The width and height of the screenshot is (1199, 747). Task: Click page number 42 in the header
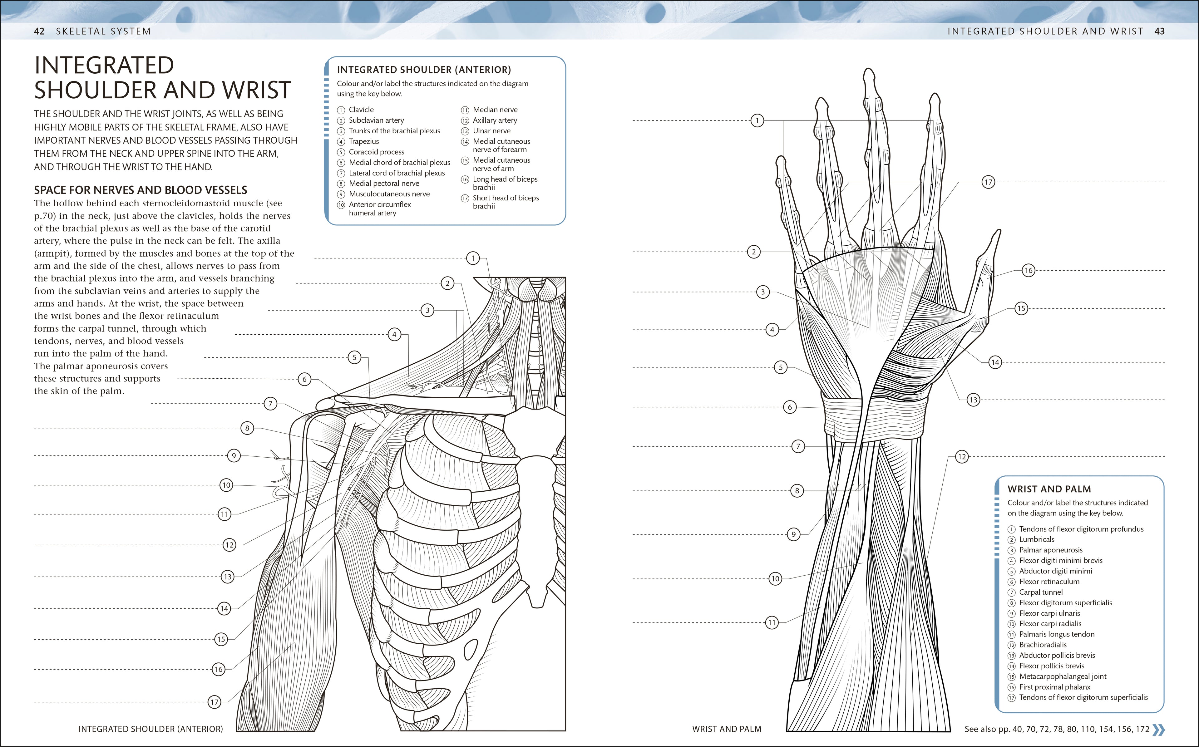coord(39,31)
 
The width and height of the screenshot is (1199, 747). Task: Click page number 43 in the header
coord(1159,31)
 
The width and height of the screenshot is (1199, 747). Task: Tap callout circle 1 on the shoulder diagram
coord(473,258)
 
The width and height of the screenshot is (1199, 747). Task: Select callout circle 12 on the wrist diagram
coord(961,456)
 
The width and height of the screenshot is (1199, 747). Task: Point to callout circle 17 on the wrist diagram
coord(988,182)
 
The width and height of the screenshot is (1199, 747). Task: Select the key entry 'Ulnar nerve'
coord(491,131)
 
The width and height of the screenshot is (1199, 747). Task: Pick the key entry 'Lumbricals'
coord(1036,539)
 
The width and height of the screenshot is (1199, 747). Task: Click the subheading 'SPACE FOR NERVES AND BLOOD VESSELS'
coord(140,190)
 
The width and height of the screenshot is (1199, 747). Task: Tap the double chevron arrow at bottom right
coord(1158,729)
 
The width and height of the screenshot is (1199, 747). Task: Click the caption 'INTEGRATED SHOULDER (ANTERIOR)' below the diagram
coord(151,729)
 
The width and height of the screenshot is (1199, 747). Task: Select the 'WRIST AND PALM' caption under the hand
coord(726,729)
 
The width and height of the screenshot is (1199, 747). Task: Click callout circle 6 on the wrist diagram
coord(789,407)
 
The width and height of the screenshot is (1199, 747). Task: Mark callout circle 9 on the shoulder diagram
coord(234,455)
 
